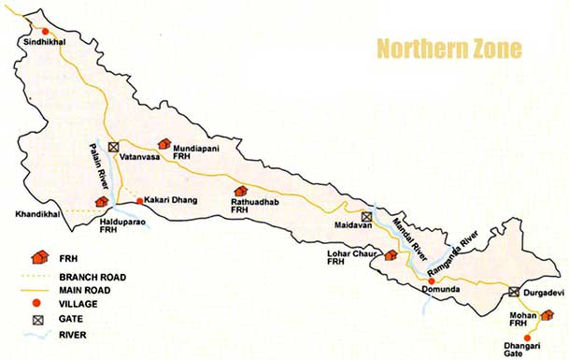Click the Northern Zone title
point(448,48)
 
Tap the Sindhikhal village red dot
point(30,38)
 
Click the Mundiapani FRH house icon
point(165,144)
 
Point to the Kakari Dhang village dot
point(140,200)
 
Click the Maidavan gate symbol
point(367,216)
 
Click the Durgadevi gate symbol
point(514,292)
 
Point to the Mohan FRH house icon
point(547,315)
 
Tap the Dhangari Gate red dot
point(528,337)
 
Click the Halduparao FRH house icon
point(101,201)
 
